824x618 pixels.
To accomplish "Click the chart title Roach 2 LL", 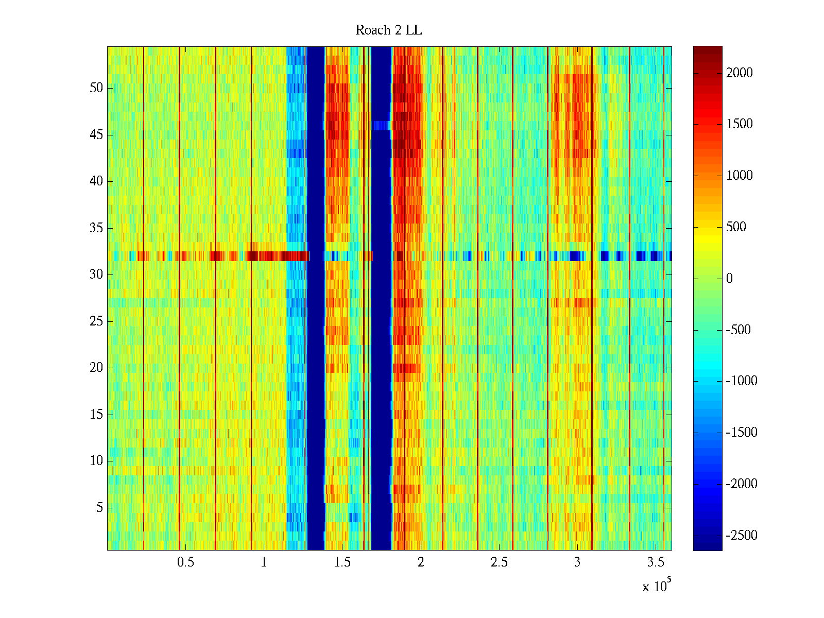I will click(x=388, y=30).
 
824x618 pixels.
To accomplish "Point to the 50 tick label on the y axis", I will click(x=96, y=88).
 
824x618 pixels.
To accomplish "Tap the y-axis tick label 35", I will click(x=96, y=228).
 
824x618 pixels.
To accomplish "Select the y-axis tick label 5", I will click(x=99, y=508).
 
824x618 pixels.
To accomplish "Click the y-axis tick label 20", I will click(x=96, y=368).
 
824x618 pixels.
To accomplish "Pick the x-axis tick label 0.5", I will click(x=185, y=562).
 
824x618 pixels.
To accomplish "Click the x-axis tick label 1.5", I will click(x=342, y=562).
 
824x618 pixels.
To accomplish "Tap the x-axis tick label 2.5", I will click(x=499, y=562).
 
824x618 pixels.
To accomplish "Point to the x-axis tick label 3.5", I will click(x=655, y=562).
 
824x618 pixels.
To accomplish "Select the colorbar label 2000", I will click(x=740, y=73).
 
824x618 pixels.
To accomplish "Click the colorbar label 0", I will click(x=729, y=279).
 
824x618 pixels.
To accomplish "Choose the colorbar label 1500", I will click(x=740, y=124).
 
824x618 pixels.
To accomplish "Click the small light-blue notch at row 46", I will click(x=382, y=126).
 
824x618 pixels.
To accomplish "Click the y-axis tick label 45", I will click(x=96, y=135).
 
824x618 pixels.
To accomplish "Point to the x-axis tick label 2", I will click(x=421, y=562).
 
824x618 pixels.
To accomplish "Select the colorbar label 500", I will click(x=736, y=227).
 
